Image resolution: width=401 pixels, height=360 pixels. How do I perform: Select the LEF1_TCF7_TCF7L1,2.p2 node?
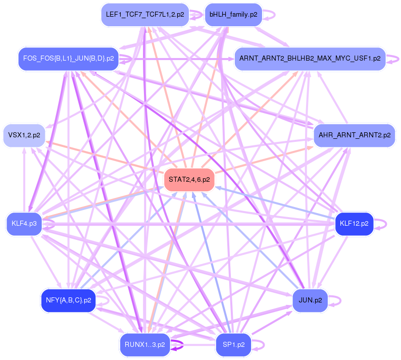pyautogui.click(x=144, y=15)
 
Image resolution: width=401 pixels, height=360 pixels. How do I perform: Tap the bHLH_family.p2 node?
pyautogui.click(x=233, y=15)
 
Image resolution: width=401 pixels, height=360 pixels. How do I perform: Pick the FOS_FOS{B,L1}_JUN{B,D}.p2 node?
pyautogui.click(x=67, y=59)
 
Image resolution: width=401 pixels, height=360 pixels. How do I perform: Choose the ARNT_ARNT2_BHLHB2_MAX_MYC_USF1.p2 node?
pyautogui.click(x=310, y=59)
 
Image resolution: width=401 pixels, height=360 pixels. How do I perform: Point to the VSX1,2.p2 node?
pyautogui.click(x=24, y=135)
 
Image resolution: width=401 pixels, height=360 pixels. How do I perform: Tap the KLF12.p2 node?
pyautogui.click(x=354, y=223)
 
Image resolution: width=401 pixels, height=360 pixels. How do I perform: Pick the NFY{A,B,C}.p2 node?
pyautogui.click(x=68, y=300)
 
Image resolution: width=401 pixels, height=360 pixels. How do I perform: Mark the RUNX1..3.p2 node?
pyautogui.click(x=144, y=345)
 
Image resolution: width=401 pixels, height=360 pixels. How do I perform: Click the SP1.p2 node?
pyautogui.click(x=233, y=345)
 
